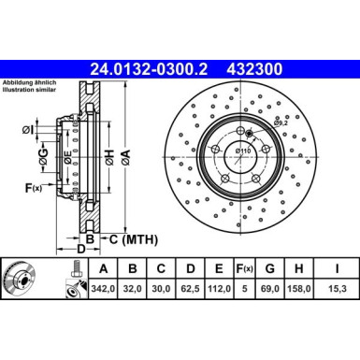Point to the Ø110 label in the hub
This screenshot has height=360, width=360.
coord(242,151)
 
